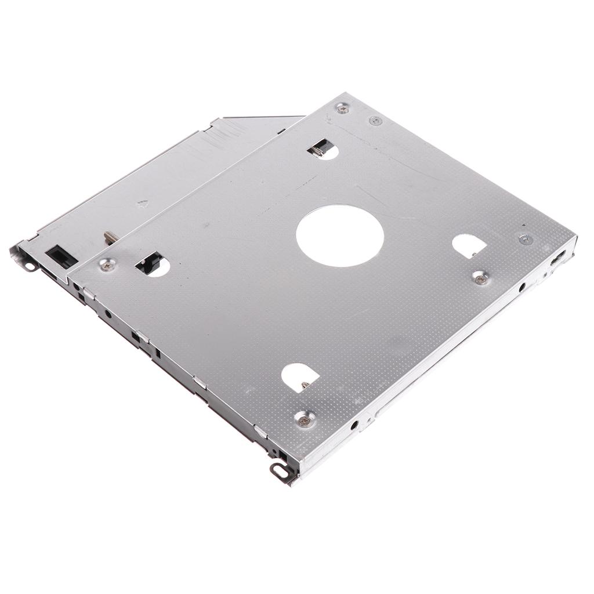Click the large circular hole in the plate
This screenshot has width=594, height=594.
pos(340,236)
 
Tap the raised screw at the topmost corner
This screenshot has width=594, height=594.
pos(343,108)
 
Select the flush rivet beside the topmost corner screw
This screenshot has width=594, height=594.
pos(375,121)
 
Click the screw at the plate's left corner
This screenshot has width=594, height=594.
pos(107,265)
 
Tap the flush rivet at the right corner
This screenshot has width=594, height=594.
pos(526,238)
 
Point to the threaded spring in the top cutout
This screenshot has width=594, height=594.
pos(316,150)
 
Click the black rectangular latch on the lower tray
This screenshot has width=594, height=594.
pos(60,256)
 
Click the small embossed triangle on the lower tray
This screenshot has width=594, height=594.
pos(142,204)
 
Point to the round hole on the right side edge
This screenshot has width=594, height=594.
pos(523,287)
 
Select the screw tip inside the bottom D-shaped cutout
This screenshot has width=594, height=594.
pos(305,384)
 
